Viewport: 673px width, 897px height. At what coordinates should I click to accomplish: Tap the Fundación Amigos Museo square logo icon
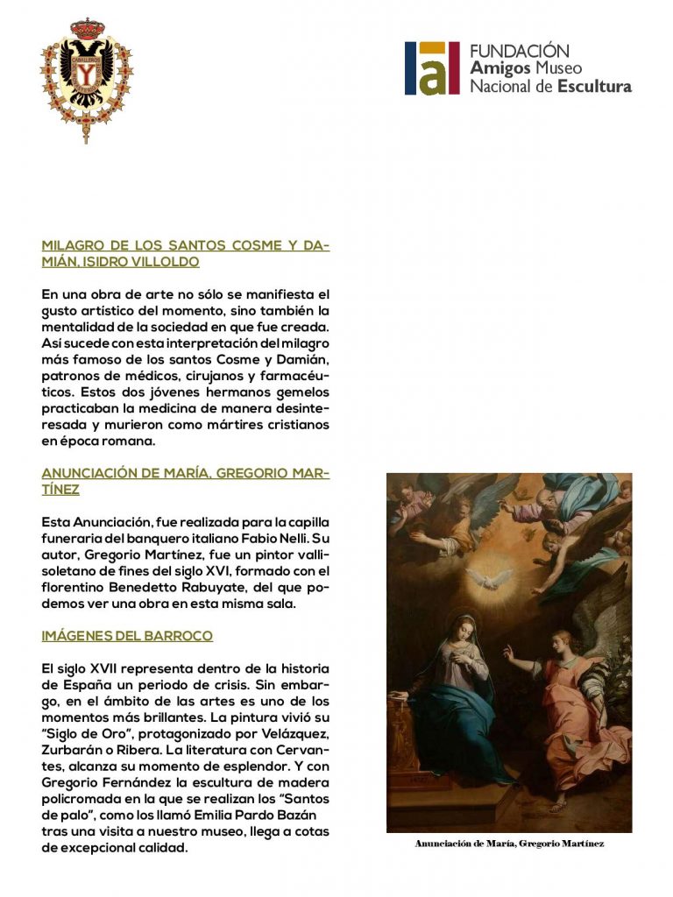pos(432,68)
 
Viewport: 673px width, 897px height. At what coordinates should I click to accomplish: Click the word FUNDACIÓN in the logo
pos(520,51)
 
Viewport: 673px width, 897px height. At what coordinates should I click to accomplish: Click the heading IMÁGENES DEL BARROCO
pos(127,635)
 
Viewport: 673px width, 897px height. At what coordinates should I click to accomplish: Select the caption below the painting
pos(509,844)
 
